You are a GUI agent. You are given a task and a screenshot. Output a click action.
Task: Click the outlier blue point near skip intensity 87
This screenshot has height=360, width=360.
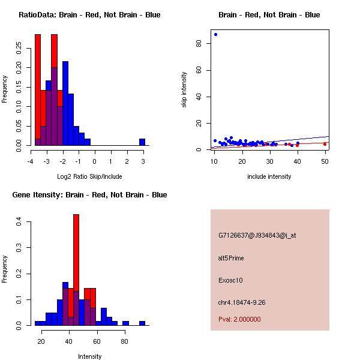click(215, 34)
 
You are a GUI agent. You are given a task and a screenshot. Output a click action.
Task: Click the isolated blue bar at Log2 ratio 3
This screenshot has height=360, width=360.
click(142, 142)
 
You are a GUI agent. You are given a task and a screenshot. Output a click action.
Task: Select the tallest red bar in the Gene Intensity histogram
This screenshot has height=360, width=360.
click(76, 269)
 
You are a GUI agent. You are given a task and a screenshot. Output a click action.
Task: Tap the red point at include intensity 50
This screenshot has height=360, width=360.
click(325, 144)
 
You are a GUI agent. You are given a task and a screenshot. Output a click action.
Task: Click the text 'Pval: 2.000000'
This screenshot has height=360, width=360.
click(239, 320)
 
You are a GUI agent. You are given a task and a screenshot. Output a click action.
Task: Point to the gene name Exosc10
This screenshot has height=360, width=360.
click(230, 280)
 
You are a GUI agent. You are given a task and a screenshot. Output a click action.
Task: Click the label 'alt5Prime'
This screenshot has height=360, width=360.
click(231, 258)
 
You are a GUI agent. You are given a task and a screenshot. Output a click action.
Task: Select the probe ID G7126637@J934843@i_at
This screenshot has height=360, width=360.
click(257, 235)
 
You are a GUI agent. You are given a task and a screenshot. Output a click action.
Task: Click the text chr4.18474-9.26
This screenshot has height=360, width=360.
click(242, 302)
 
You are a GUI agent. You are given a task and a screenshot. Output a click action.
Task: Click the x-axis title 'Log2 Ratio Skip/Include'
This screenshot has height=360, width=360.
click(90, 176)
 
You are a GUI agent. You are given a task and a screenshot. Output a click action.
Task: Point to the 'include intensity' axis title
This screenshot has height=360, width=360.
click(269, 176)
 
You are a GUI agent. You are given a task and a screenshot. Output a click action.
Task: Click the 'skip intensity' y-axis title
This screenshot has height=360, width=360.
click(184, 90)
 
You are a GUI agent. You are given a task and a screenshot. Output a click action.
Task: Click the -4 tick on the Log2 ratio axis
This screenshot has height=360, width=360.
click(31, 161)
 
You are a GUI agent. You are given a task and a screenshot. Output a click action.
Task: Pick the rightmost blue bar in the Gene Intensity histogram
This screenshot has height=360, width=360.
click(142, 323)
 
